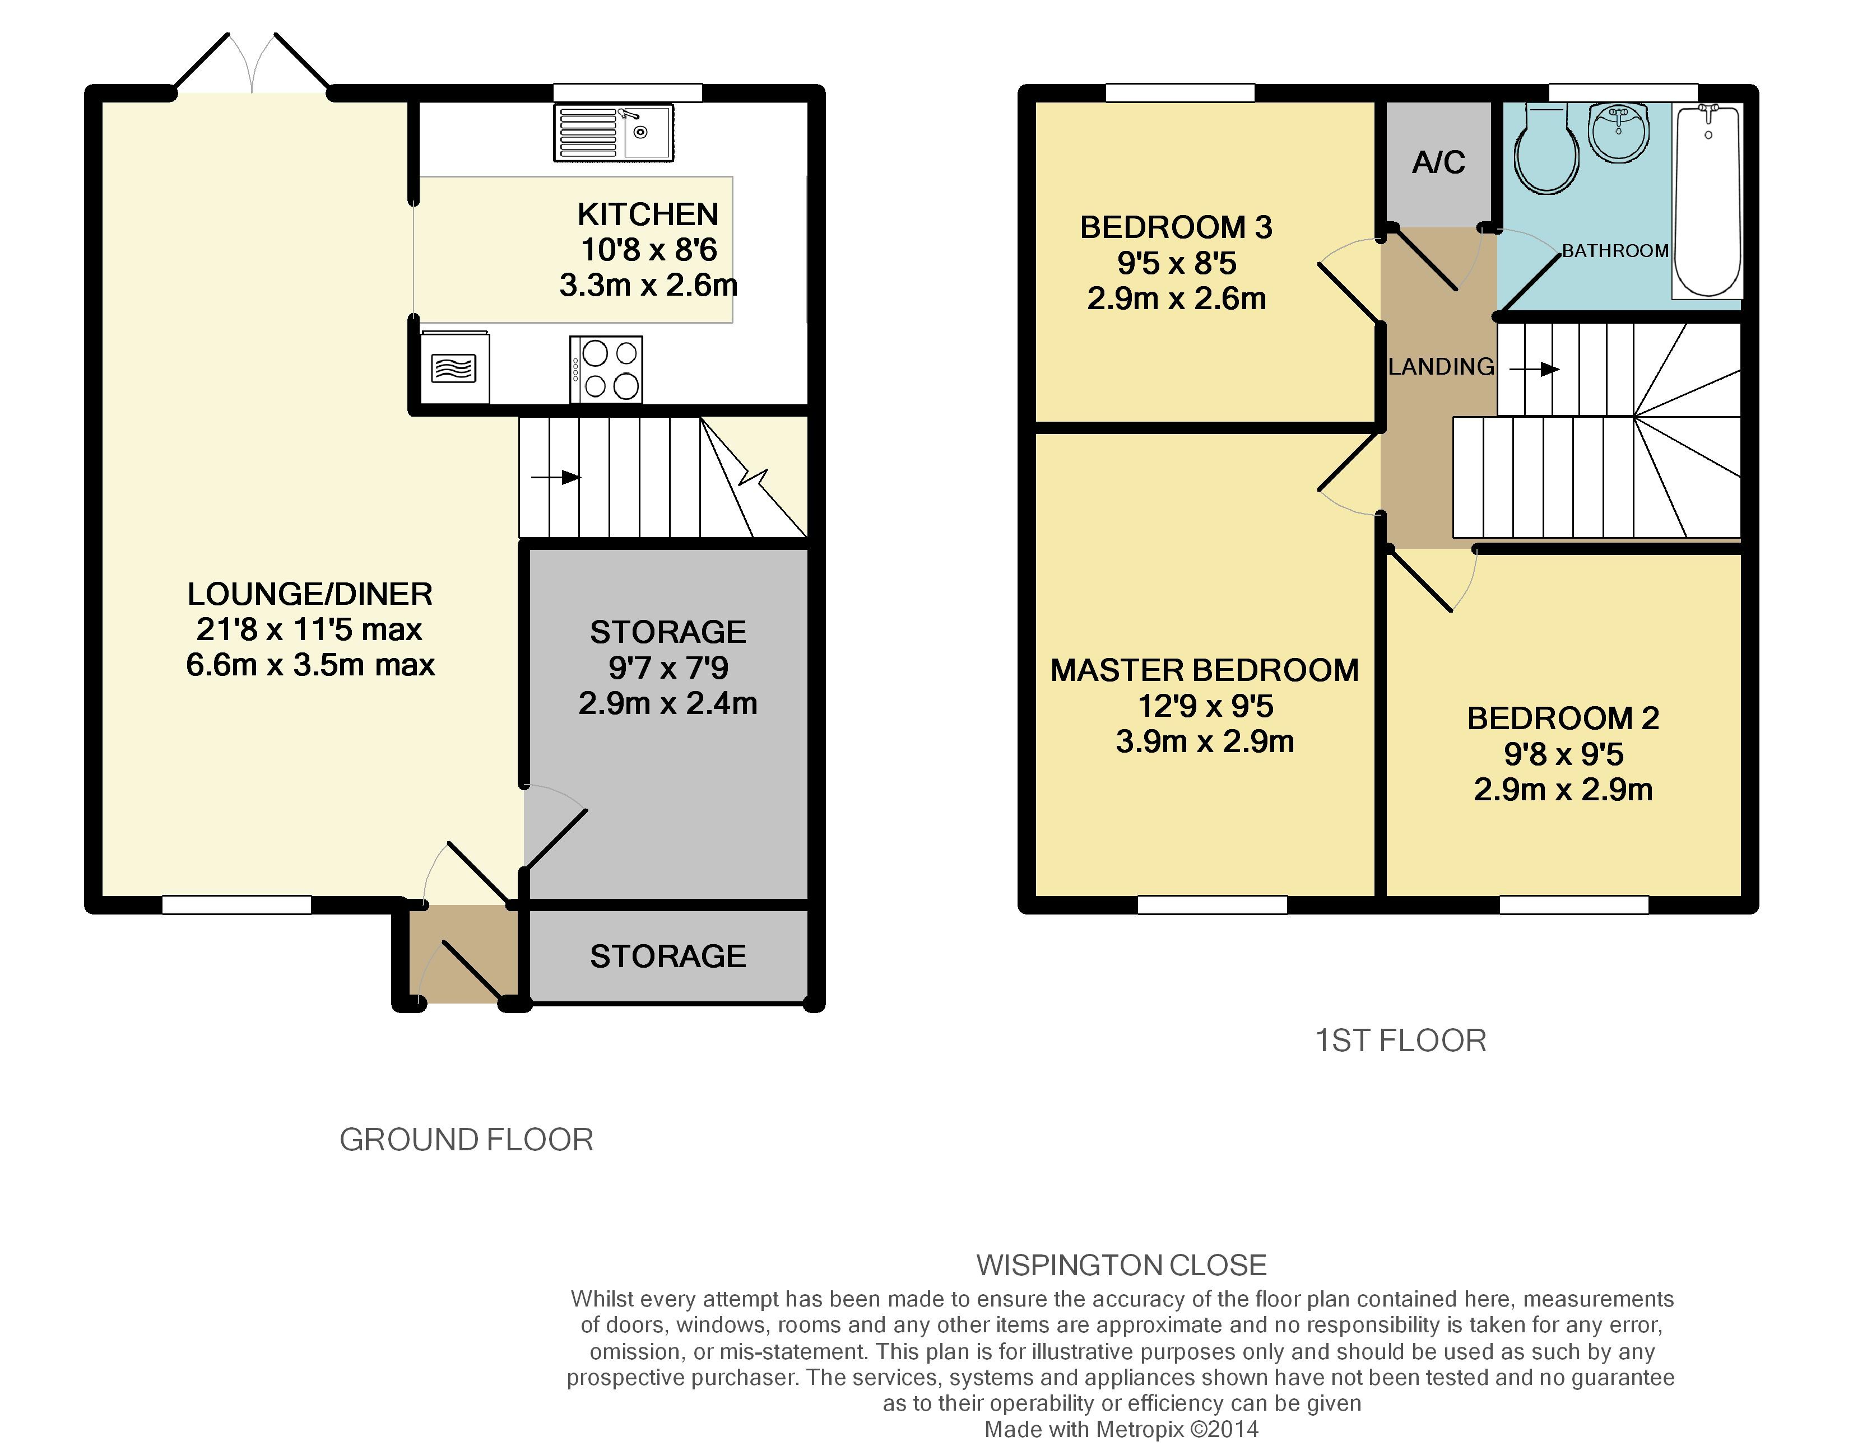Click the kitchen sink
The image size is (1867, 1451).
[613, 133]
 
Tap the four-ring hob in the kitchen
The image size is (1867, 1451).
[606, 369]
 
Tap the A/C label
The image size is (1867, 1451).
[1439, 162]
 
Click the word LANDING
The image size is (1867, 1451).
[1441, 367]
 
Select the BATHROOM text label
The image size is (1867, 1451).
[1615, 250]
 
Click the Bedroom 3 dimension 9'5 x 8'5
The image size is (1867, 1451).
[1176, 263]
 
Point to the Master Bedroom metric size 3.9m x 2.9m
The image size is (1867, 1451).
[1205, 741]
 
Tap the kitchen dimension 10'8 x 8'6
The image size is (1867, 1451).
[648, 250]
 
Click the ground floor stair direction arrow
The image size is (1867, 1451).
[556, 477]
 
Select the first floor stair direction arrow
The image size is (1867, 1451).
[1535, 369]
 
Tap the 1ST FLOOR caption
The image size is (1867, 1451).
[1400, 1040]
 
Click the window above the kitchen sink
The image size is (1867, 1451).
[628, 92]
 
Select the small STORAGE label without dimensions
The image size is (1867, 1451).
[668, 956]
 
